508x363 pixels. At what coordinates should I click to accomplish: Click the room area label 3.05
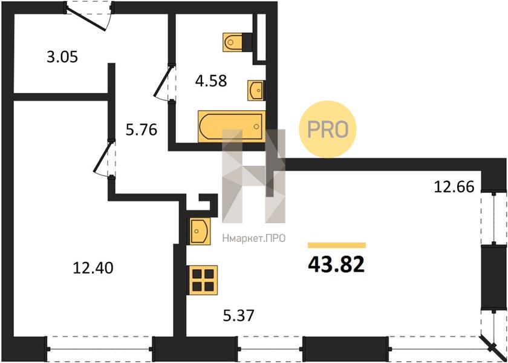(62, 57)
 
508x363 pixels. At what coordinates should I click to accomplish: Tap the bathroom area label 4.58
(210, 80)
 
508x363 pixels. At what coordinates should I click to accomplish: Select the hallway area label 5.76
(142, 130)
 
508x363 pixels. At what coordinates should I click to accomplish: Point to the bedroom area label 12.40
(93, 268)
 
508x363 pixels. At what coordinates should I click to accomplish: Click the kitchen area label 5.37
(238, 315)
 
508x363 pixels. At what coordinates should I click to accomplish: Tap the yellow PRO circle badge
(327, 129)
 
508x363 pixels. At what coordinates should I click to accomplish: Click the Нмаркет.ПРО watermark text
(253, 239)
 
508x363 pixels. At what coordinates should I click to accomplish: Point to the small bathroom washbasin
(256, 90)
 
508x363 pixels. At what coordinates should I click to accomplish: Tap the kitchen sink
(199, 231)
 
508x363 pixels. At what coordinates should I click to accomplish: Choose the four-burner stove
(203, 280)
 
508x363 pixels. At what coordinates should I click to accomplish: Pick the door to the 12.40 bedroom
(103, 158)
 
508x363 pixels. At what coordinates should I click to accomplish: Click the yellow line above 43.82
(337, 246)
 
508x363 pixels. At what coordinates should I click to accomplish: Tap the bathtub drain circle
(256, 126)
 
